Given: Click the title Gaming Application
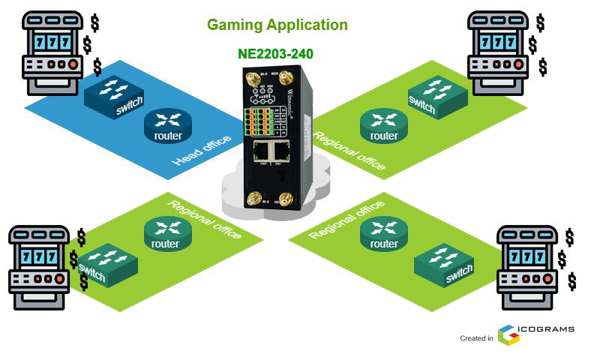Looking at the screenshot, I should [x=277, y=25].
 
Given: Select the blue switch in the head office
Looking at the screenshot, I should [x=113, y=96].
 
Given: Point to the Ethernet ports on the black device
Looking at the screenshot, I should [x=271, y=152].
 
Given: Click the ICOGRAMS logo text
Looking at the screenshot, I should [x=548, y=328].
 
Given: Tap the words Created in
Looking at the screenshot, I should [x=476, y=338].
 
